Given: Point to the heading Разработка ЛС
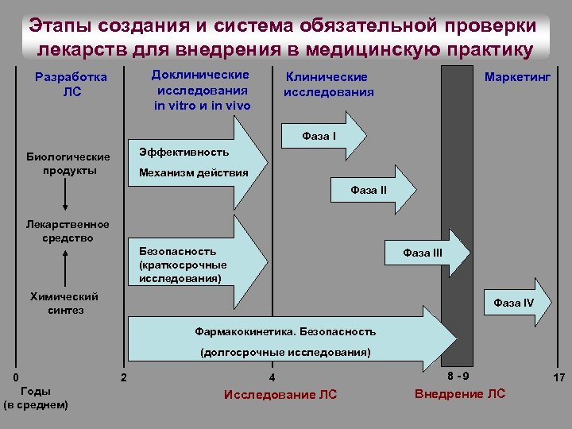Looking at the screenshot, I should tap(71, 85).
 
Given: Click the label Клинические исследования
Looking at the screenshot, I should tap(327, 84).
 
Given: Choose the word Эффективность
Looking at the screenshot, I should tap(184, 152).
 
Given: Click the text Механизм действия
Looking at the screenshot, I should tap(193, 172).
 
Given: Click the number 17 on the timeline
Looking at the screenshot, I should tap(558, 378).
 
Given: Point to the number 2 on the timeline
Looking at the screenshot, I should tap(123, 377).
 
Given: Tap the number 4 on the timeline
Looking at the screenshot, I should tap(272, 377).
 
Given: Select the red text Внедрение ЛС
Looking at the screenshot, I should tap(459, 394).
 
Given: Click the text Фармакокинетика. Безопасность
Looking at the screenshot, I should tap(285, 330).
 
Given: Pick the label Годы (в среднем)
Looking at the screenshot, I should tap(36, 398).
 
